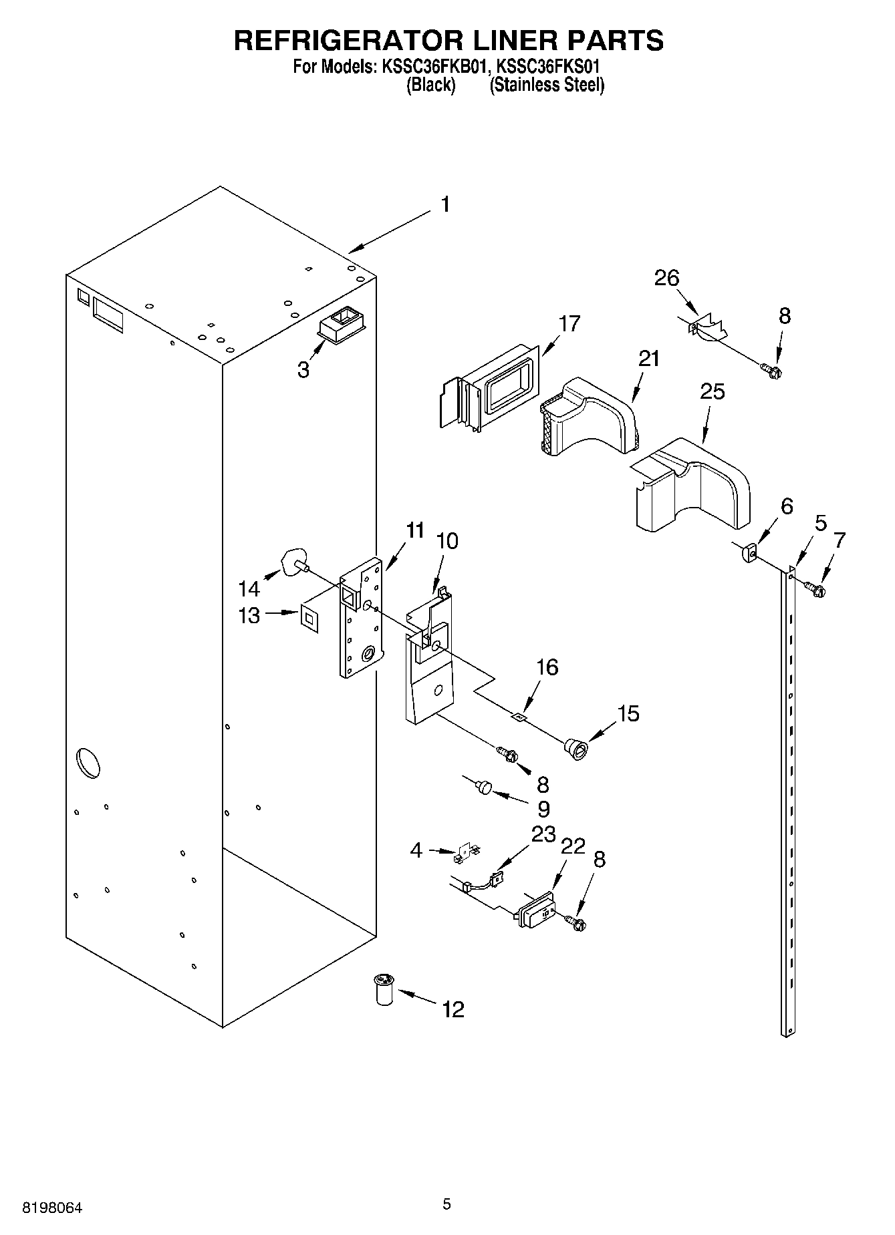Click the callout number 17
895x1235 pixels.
[x=569, y=323]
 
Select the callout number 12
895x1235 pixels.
[x=453, y=1009]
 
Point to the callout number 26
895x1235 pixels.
[x=666, y=278]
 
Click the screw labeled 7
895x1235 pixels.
[x=815, y=588]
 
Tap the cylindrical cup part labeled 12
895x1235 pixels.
[x=383, y=989]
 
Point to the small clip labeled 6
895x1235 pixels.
[x=749, y=553]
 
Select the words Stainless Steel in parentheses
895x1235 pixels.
[x=547, y=85]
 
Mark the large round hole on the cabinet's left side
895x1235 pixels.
[x=88, y=763]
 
